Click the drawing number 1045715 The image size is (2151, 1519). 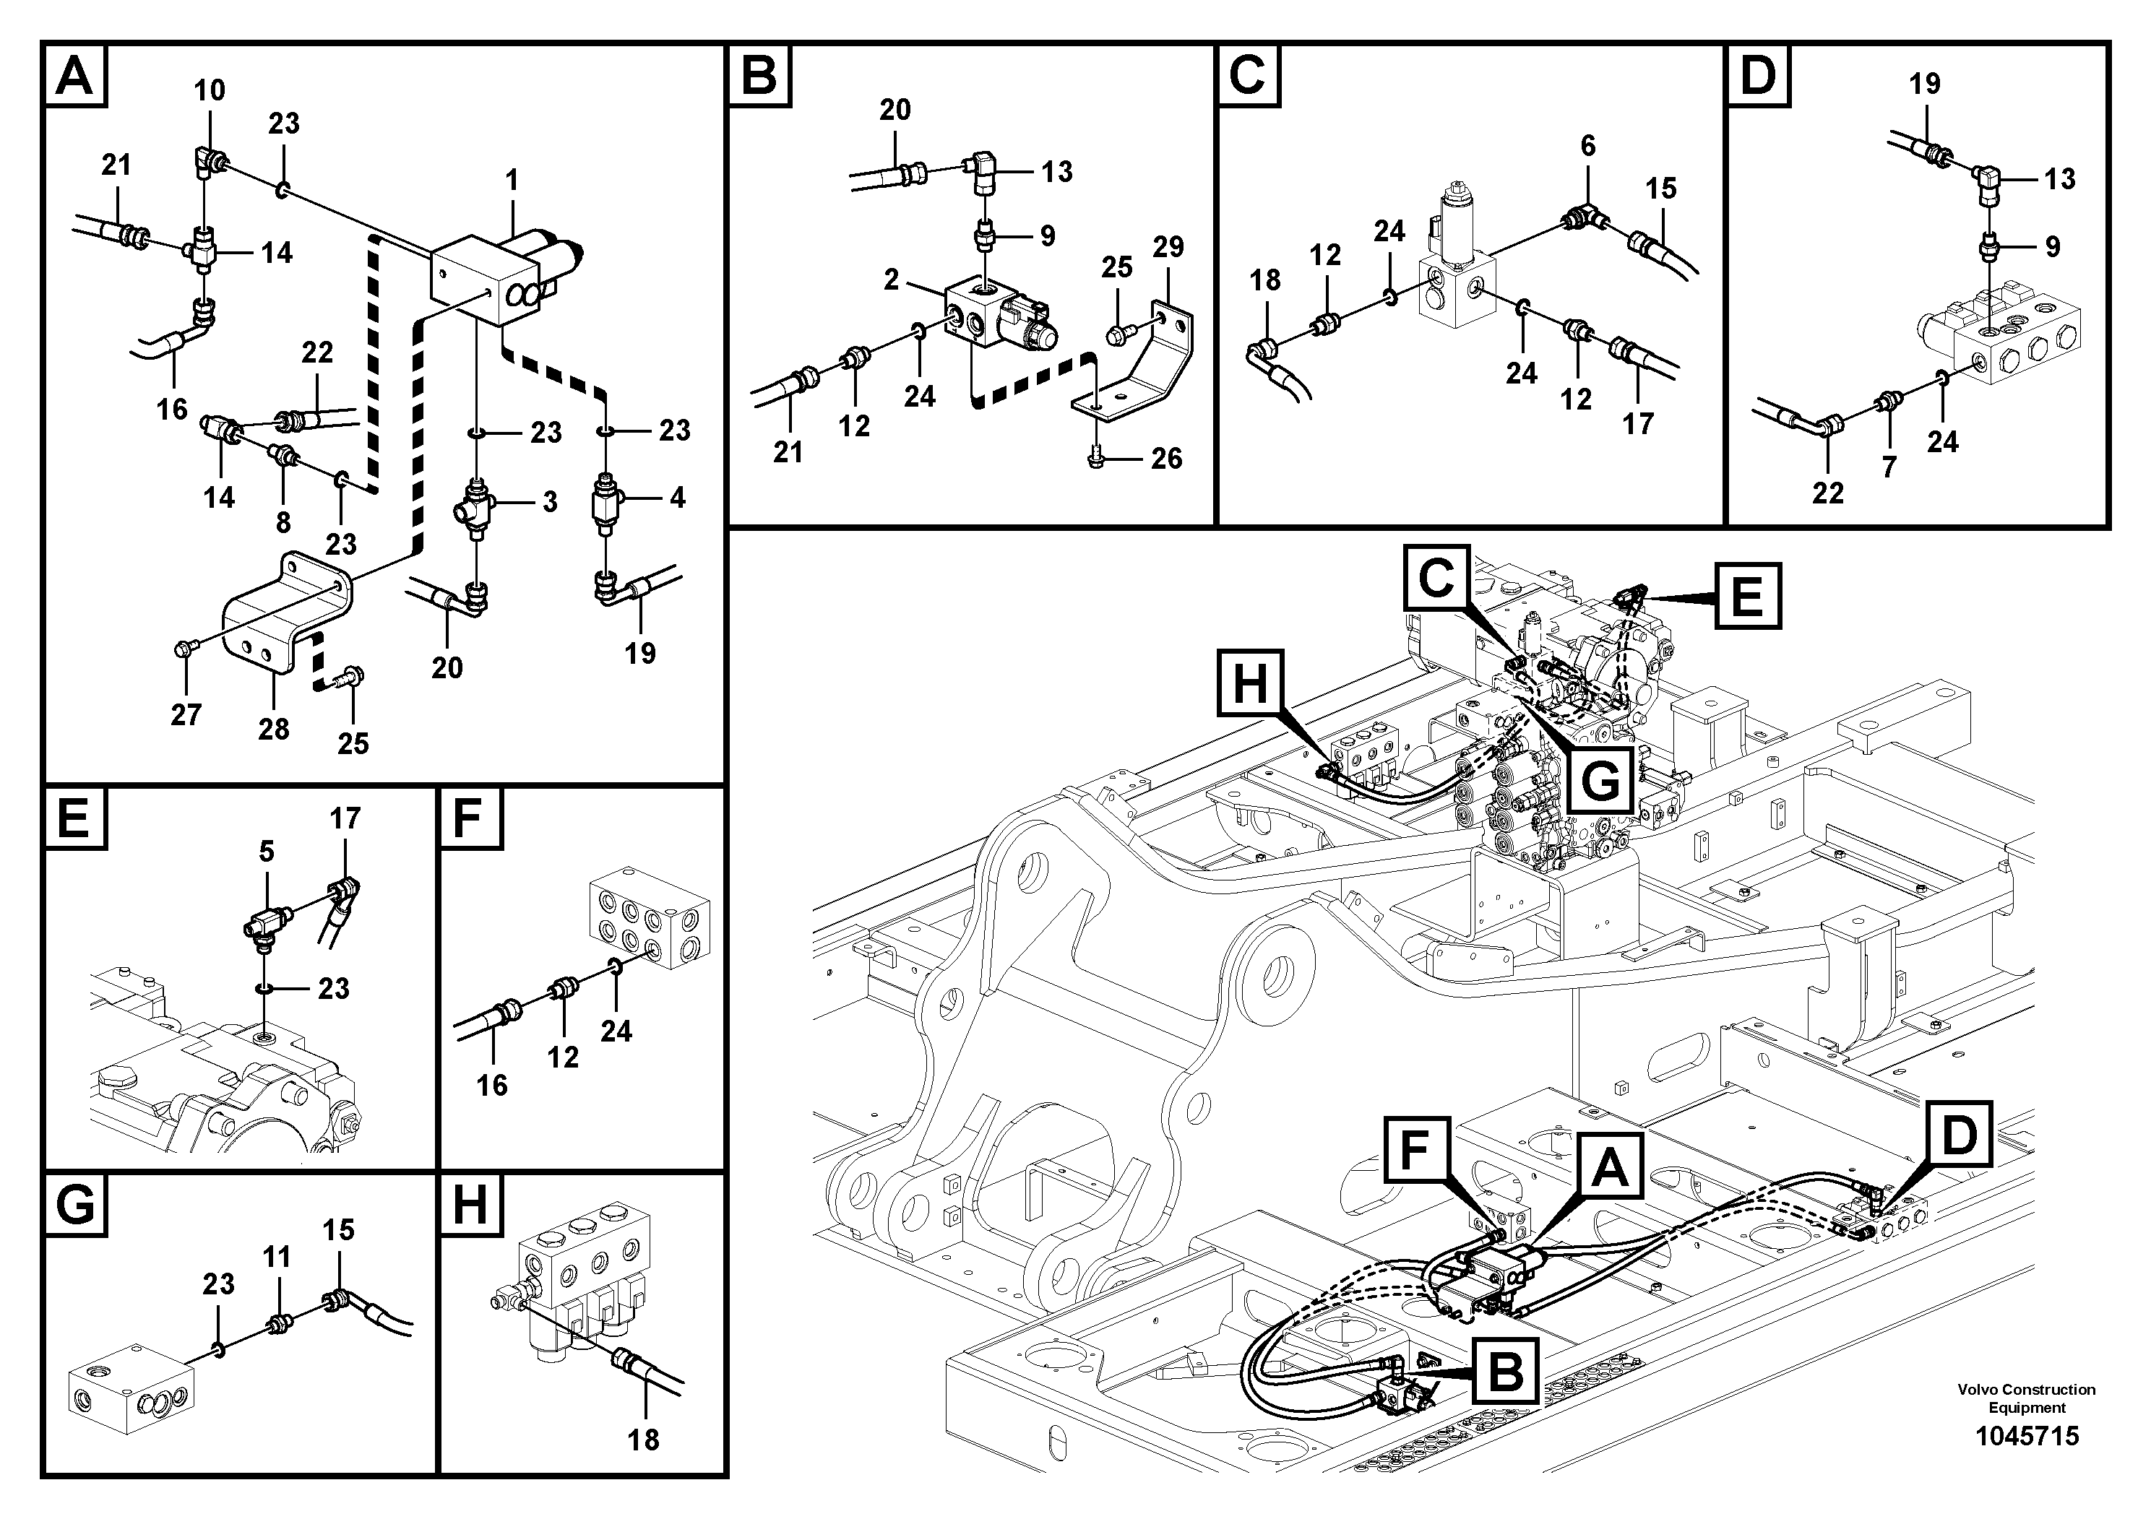(x=2027, y=1436)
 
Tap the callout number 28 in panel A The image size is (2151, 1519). (x=274, y=729)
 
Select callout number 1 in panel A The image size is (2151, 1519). (x=512, y=180)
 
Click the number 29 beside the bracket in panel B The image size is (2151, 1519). (x=1168, y=247)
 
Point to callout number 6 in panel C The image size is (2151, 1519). (x=1587, y=146)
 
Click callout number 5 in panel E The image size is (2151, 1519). (x=267, y=852)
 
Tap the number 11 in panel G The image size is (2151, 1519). (x=276, y=1257)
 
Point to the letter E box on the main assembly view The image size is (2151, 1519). (x=1747, y=596)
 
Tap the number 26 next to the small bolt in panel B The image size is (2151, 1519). (x=1166, y=459)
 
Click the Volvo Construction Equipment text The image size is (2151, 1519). (x=2027, y=1398)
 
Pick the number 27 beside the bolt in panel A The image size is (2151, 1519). (x=186, y=714)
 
